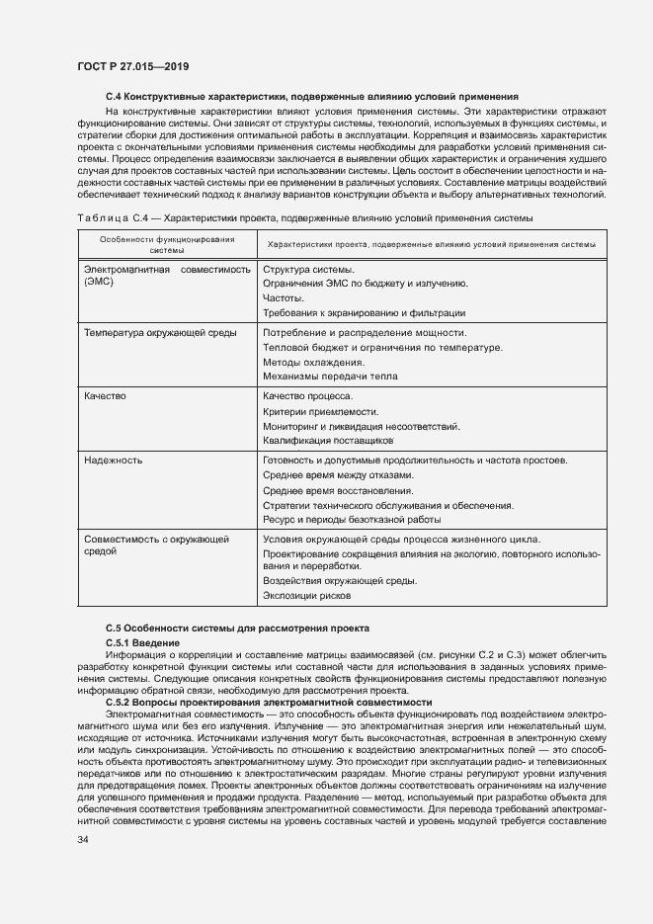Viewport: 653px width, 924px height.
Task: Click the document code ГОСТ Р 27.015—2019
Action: (x=132, y=66)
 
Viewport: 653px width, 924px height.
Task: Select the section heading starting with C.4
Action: (x=312, y=97)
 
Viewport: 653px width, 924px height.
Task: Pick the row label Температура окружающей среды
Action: (x=160, y=333)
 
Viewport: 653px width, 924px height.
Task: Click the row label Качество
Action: (x=106, y=396)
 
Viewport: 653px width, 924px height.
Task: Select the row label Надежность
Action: (x=113, y=461)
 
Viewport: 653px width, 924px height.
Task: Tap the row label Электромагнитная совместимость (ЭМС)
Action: (x=159, y=276)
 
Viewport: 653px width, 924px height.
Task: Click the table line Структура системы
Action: (x=308, y=270)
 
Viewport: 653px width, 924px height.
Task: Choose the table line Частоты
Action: (x=284, y=297)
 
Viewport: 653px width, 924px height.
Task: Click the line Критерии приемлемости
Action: (x=320, y=411)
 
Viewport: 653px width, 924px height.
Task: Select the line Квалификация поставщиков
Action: (x=328, y=440)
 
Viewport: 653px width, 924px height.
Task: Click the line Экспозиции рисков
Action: (x=306, y=596)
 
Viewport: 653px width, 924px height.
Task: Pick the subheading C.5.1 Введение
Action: (x=142, y=642)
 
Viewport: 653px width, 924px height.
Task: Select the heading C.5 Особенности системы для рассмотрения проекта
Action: (x=237, y=628)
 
